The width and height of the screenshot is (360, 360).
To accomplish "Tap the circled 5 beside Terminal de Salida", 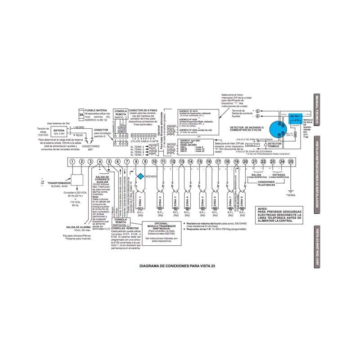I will (257, 110).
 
